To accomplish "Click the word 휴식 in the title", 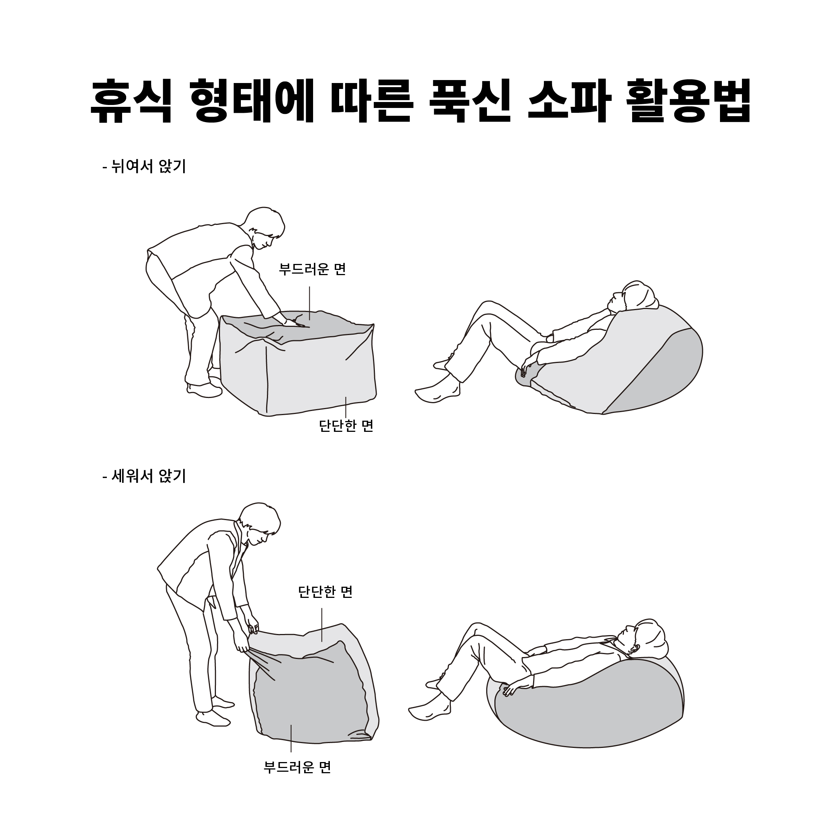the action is [x=131, y=101].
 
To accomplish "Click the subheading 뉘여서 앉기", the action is [x=148, y=166].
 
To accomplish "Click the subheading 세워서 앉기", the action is [x=148, y=476].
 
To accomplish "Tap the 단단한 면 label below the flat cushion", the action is [x=346, y=426].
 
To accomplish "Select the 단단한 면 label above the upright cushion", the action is [x=325, y=592].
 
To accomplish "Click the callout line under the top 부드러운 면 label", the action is [x=310, y=303].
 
